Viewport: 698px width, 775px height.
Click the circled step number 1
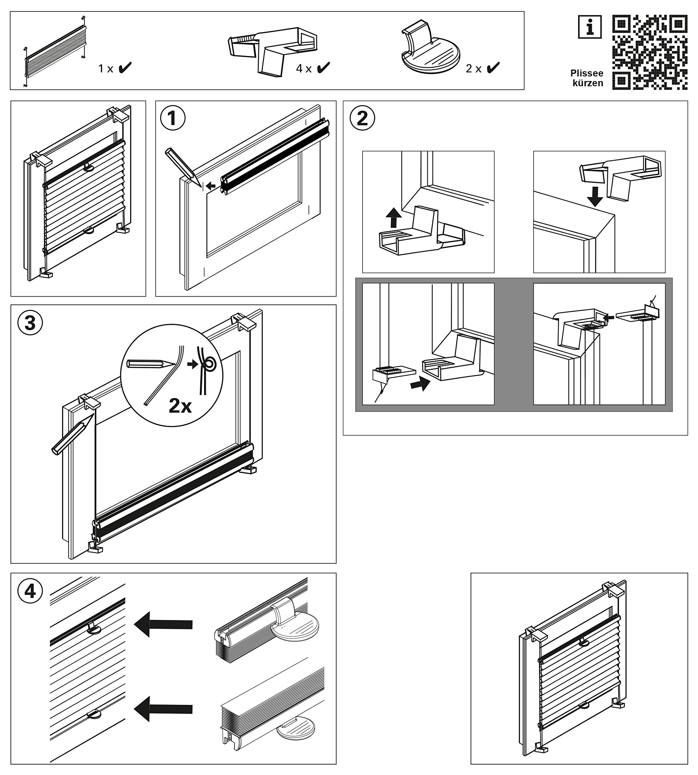point(173,118)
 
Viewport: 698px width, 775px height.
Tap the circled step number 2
point(362,118)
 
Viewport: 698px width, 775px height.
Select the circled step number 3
point(30,322)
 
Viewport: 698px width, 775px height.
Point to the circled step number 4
point(30,591)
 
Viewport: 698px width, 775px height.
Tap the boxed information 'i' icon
point(590,27)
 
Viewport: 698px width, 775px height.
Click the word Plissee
point(586,73)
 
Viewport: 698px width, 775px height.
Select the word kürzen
point(587,83)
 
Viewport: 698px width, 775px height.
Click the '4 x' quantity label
point(304,69)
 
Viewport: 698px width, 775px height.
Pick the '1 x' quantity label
point(106,69)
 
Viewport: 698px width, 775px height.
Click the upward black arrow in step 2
point(393,217)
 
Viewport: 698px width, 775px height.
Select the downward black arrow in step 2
point(594,196)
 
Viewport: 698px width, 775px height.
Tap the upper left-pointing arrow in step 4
point(163,624)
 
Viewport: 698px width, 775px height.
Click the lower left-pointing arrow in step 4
point(163,709)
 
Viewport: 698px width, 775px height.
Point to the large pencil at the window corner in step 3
point(73,434)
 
